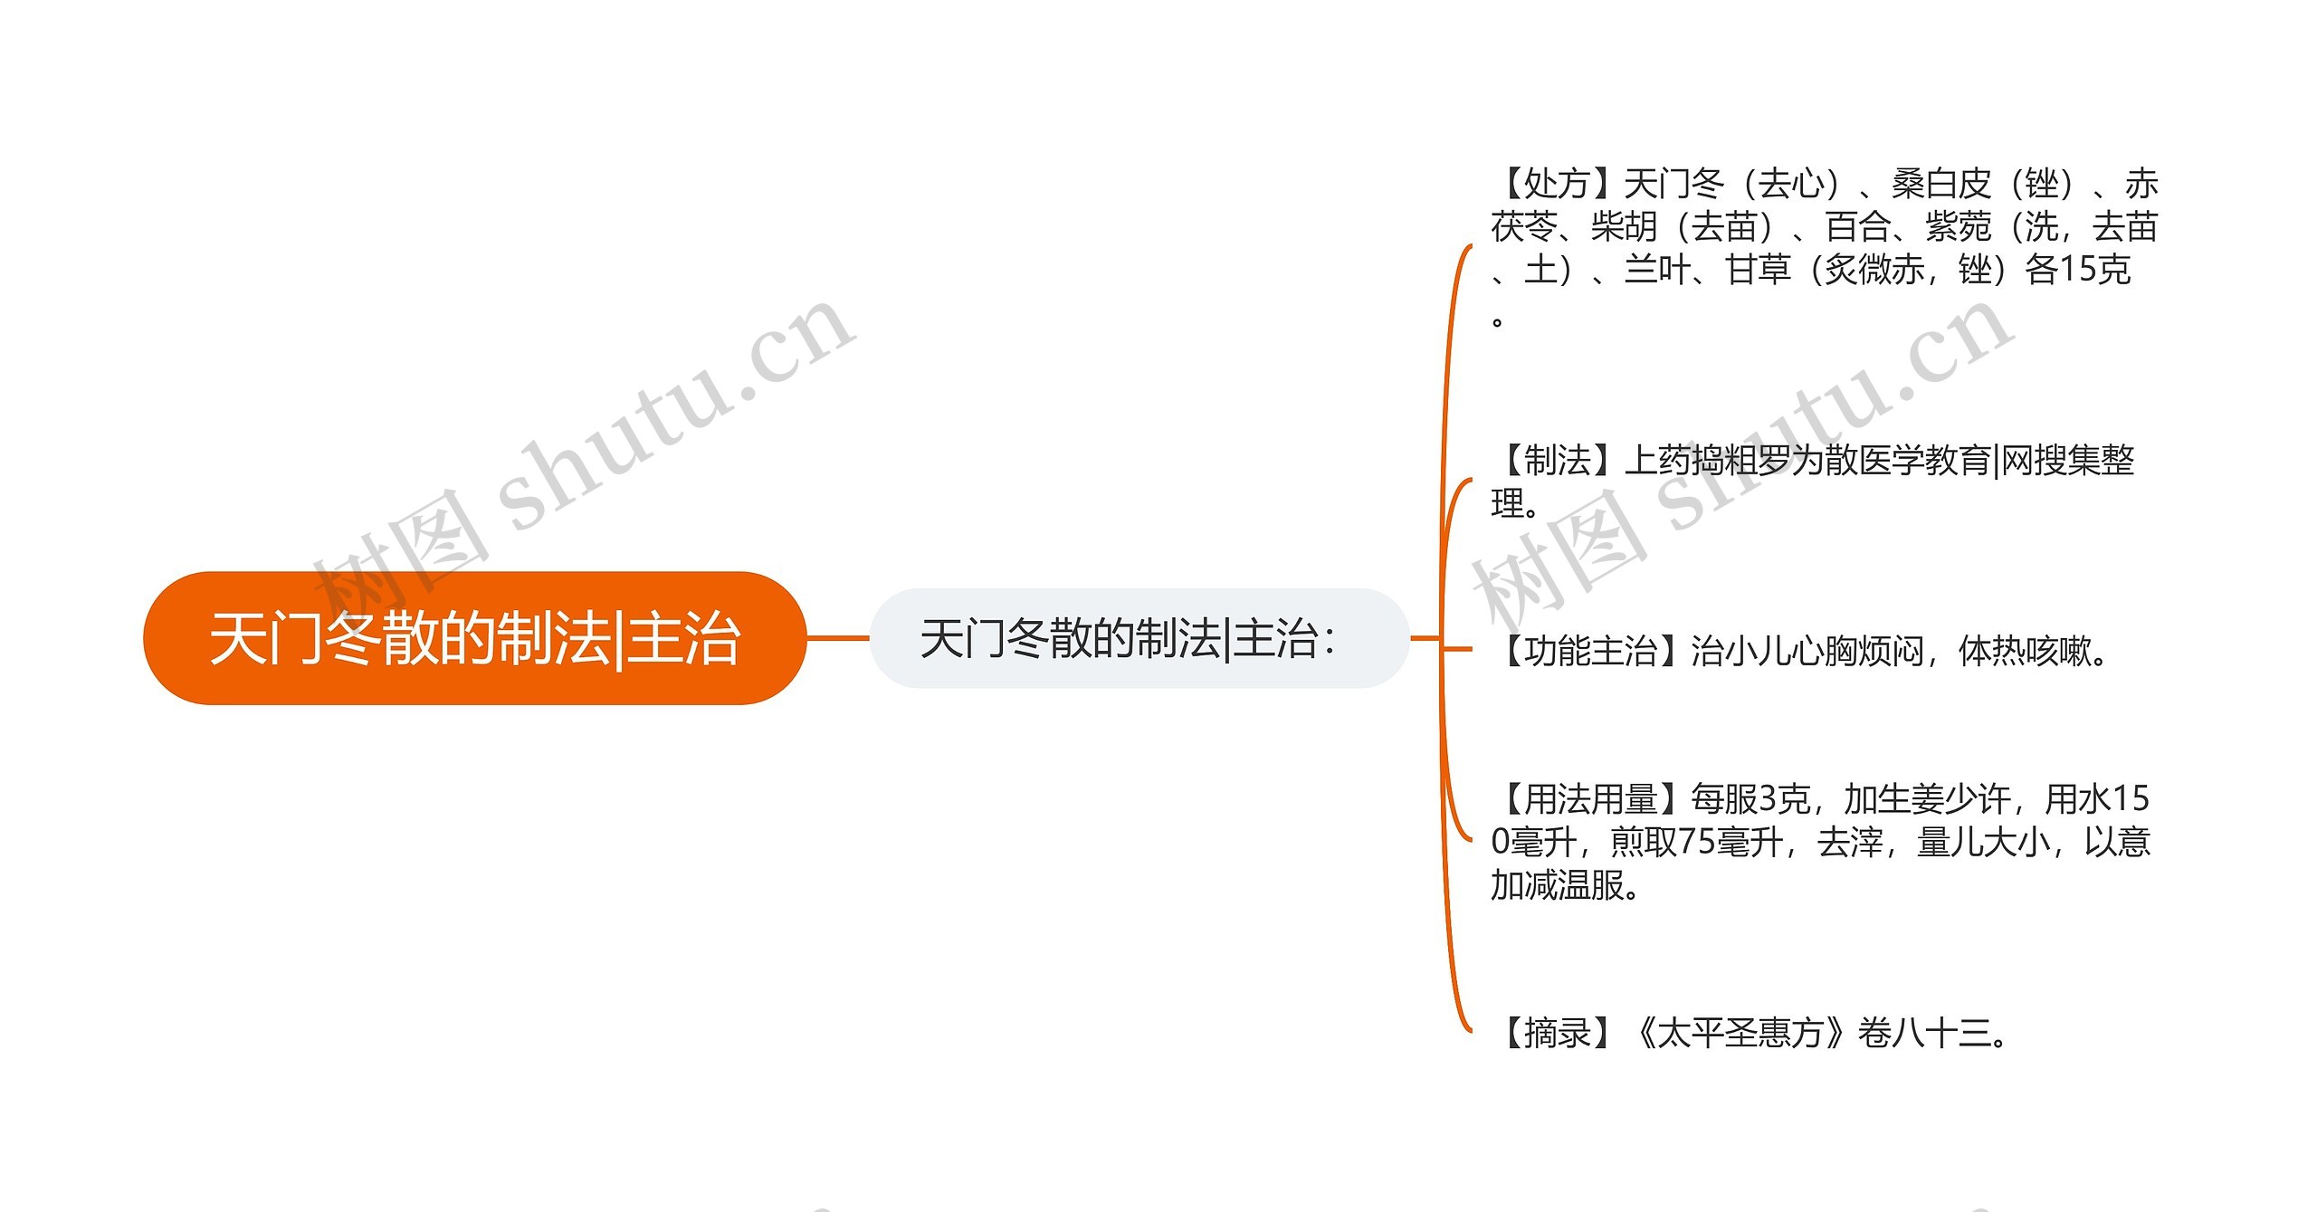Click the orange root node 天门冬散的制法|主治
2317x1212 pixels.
(474, 638)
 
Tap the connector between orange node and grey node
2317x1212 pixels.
(837, 638)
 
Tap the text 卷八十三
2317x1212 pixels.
(1924, 1033)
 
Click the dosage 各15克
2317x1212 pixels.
(2077, 270)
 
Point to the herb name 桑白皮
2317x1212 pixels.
(1942, 185)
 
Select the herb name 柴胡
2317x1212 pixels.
(1625, 227)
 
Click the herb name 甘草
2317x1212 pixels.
(1759, 270)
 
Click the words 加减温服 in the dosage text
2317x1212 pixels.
(1557, 885)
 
